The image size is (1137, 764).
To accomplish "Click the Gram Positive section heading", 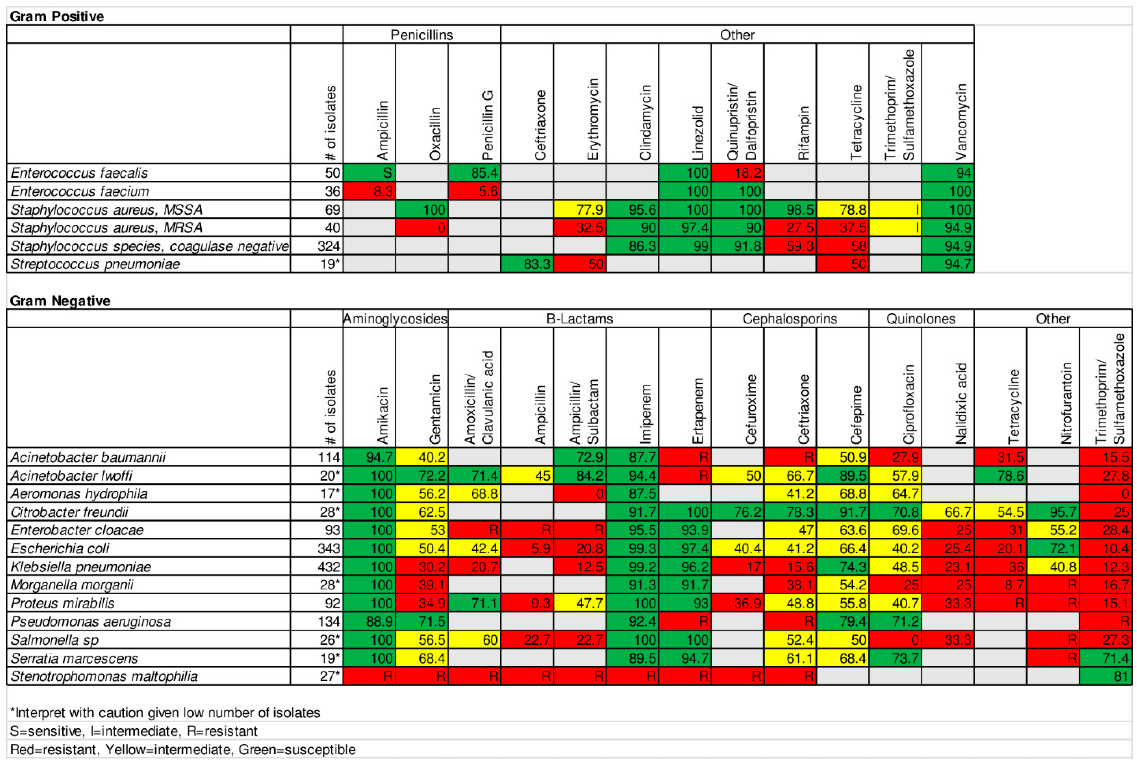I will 57,16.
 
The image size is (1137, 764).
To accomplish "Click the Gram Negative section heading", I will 60,301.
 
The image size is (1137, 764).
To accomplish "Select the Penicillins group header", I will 422,35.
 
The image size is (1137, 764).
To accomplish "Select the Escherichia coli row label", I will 60,548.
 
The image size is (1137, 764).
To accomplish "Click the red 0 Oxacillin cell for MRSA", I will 422,228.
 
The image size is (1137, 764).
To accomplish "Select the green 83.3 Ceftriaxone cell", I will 527,264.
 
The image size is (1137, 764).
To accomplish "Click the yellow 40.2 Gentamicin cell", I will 422,457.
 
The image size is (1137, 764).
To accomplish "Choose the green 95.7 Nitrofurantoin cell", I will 1053,512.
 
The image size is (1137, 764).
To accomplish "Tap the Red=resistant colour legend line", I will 183,749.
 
